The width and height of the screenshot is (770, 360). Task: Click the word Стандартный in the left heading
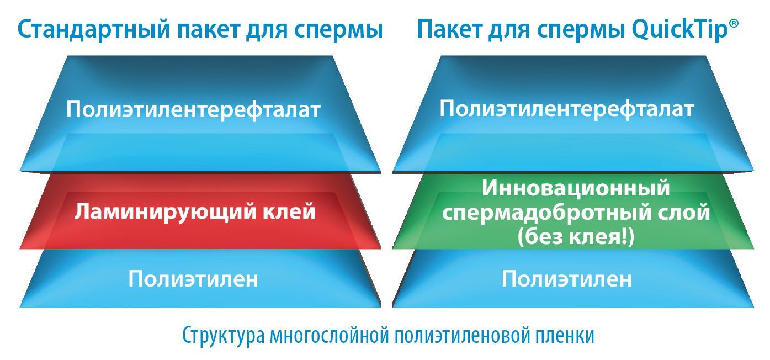[94, 29]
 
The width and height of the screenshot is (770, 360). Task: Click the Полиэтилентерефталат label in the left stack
[194, 110]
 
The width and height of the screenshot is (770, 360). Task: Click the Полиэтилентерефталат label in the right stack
[567, 109]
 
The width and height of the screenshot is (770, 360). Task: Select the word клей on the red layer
[289, 211]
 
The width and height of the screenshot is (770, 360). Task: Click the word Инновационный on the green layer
[576, 188]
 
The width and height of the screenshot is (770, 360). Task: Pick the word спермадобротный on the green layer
[546, 213]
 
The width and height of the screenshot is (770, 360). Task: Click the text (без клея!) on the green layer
[576, 237]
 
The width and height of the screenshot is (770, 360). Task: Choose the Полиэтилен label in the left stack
[193, 279]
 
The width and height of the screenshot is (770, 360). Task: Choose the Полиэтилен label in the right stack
[566, 279]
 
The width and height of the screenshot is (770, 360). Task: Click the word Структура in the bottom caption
[224, 336]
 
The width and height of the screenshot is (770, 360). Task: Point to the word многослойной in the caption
[330, 335]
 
